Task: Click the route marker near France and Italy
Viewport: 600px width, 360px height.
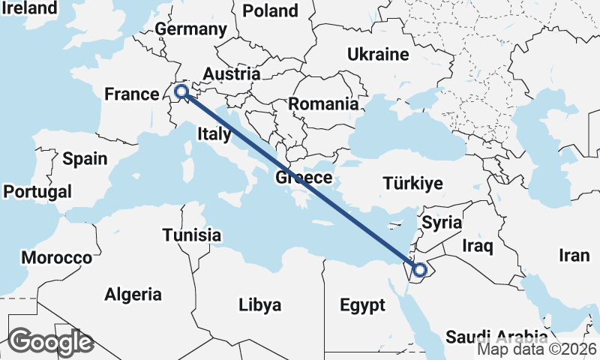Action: (x=181, y=92)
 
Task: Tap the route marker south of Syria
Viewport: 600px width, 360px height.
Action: (x=419, y=269)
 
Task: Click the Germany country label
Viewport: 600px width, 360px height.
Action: (x=190, y=29)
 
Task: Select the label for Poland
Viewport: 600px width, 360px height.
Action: (x=270, y=10)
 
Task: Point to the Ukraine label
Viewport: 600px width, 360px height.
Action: (x=377, y=54)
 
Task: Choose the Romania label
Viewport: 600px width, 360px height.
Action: (x=323, y=103)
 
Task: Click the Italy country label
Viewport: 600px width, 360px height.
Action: (x=214, y=134)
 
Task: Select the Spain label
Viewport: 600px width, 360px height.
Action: (x=85, y=158)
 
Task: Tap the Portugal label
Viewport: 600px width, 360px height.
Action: (x=37, y=191)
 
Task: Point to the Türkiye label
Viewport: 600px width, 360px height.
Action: (x=412, y=183)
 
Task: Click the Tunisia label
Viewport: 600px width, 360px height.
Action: (x=192, y=235)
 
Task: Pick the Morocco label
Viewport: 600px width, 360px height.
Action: (x=56, y=257)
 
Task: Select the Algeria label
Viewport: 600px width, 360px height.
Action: (x=133, y=293)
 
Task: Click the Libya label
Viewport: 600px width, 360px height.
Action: (x=259, y=304)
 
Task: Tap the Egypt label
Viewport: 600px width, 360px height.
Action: (x=361, y=305)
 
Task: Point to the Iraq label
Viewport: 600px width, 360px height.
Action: (x=477, y=245)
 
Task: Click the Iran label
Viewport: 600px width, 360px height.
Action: (x=574, y=255)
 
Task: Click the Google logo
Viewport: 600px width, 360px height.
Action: (x=50, y=342)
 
